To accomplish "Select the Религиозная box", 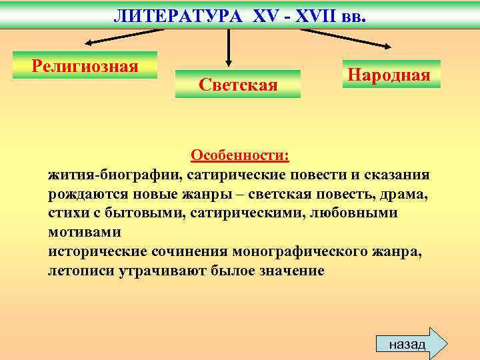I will click(x=85, y=65).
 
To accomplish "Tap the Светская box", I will click(x=238, y=84).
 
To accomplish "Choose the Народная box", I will click(x=392, y=74).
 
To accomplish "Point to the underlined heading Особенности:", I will click(x=240, y=155).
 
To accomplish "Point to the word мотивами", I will click(x=85, y=233).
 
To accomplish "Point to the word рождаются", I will click(x=89, y=194).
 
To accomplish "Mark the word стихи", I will click(x=68, y=213).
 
